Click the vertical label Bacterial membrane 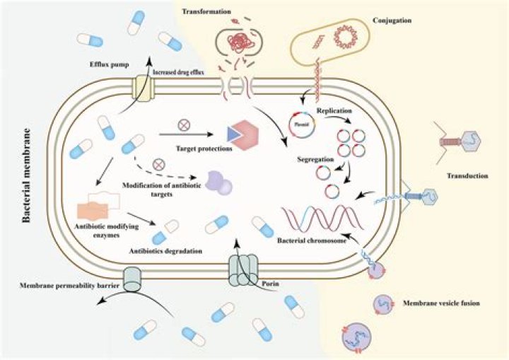[x=26, y=175]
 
